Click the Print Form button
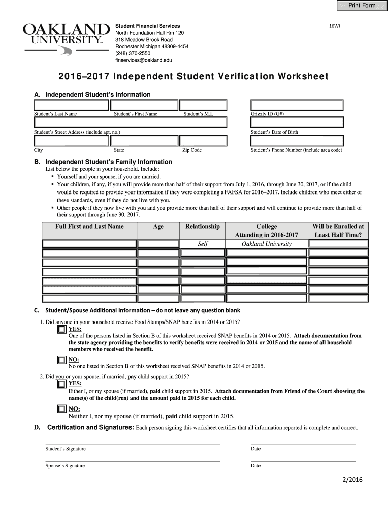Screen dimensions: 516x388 coord(362,6)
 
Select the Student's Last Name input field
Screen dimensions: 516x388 coord(72,105)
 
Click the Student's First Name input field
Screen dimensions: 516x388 coord(145,105)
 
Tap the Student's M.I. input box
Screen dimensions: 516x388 coord(205,105)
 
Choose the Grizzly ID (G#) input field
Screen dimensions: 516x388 coord(297,105)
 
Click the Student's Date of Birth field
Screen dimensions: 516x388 coord(297,123)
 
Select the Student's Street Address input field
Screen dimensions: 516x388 coord(131,123)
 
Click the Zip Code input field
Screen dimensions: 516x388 coord(205,140)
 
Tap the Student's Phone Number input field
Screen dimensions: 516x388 coord(297,140)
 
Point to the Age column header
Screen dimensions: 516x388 coord(158,227)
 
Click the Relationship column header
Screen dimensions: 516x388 coord(203,227)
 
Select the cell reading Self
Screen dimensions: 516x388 coord(203,244)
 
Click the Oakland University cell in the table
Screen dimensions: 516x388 coord(267,244)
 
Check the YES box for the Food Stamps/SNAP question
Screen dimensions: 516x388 coord(61,330)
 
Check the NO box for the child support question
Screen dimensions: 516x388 coord(61,409)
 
